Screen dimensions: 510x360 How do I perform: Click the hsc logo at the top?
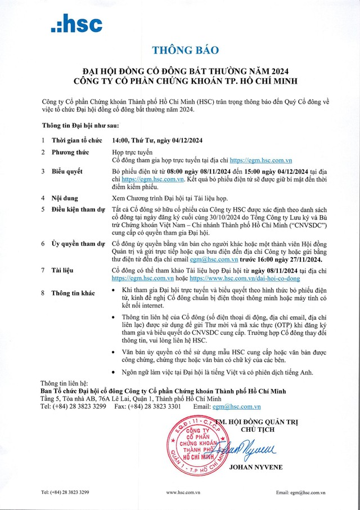76,25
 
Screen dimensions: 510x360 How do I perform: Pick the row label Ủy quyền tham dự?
78,243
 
